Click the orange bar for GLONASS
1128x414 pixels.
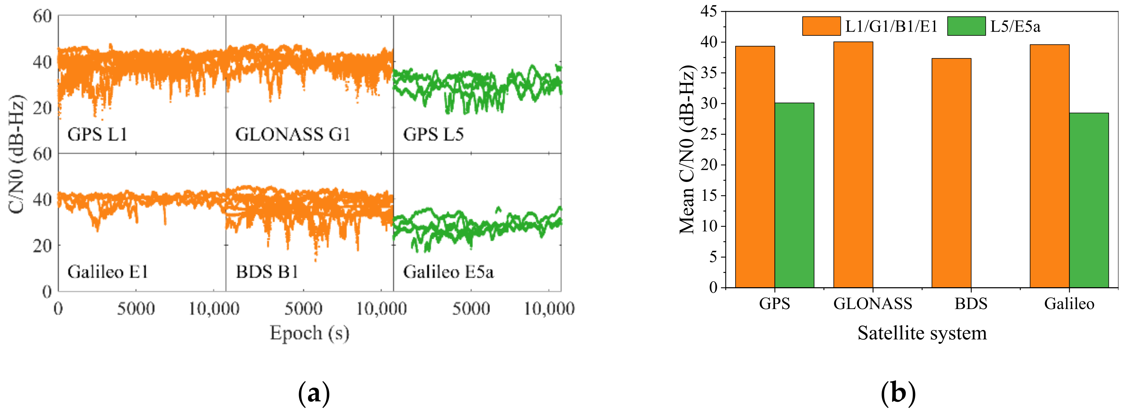coord(853,164)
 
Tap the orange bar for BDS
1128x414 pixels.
coord(951,173)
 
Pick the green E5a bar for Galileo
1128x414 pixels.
coord(1089,200)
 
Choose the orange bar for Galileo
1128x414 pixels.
coord(1049,166)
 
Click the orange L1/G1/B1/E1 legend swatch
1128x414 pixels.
coord(821,26)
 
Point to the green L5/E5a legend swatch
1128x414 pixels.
coord(966,26)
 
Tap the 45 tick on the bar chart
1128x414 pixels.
coord(709,11)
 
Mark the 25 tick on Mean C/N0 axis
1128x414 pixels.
coord(709,134)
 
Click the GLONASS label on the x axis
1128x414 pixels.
coord(872,304)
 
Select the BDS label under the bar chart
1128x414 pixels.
coord(971,304)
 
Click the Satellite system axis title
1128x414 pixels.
coord(922,333)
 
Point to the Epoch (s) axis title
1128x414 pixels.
coord(309,333)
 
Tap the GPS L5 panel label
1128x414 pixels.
coord(433,134)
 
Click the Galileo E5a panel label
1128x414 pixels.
coord(448,272)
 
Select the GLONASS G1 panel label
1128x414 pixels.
coord(293,134)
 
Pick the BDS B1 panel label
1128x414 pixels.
coord(267,272)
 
